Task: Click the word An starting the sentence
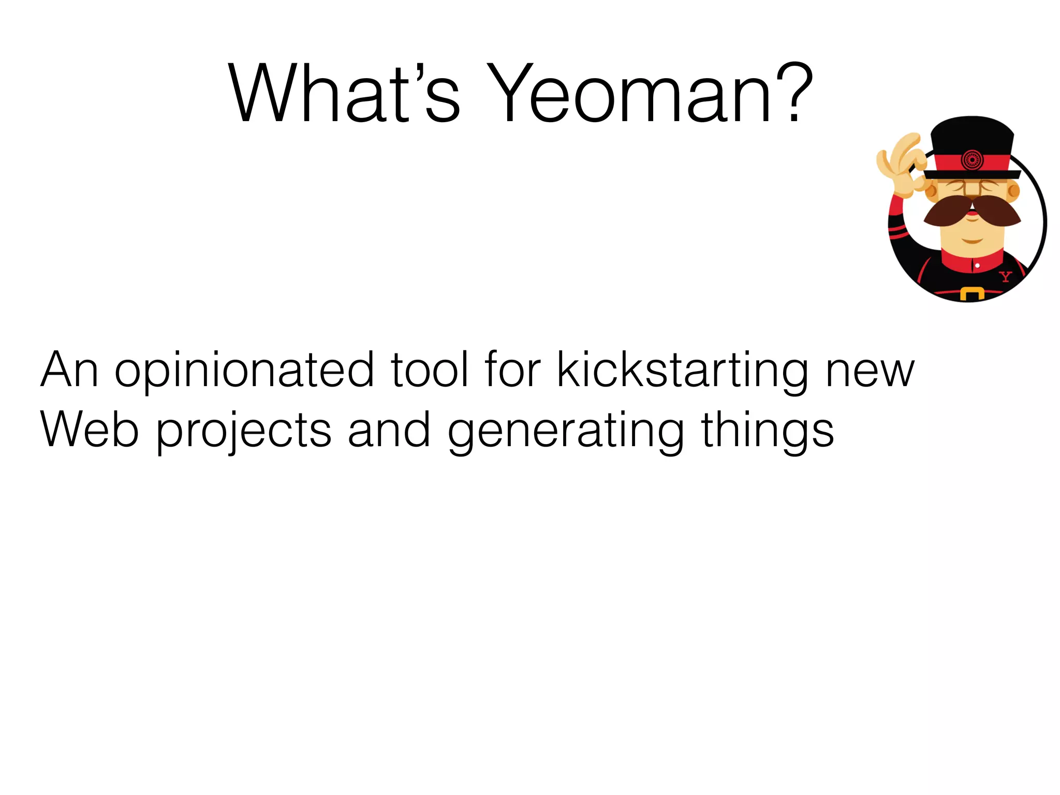click(69, 370)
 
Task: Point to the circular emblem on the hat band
click(971, 160)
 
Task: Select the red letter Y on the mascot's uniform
click(1005, 276)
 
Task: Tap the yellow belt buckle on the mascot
click(971, 294)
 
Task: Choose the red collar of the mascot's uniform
click(968, 262)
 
